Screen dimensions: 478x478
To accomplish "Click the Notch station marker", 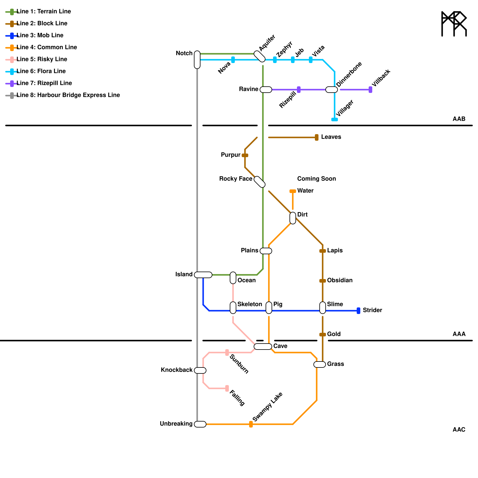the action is (x=197, y=60).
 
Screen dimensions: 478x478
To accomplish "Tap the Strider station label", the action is (x=372, y=310).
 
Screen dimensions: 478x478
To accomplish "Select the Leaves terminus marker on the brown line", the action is (x=317, y=137).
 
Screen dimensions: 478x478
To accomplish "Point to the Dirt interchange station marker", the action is (x=293, y=218).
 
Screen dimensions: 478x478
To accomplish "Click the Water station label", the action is (x=305, y=191).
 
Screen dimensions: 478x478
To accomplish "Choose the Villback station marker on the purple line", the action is (x=370, y=90).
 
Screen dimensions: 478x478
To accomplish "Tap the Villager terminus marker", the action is (x=335, y=119).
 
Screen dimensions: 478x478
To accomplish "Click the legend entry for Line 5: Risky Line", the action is (x=42, y=59).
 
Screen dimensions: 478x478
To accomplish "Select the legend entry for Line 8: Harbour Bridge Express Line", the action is (x=68, y=95).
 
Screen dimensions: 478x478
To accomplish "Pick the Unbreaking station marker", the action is (x=200, y=424).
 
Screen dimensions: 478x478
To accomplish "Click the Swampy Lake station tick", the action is (x=251, y=424).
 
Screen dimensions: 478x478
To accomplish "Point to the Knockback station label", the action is (x=177, y=370).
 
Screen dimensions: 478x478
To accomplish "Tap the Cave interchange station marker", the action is (x=263, y=347).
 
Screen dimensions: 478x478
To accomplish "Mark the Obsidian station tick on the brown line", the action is (x=323, y=281).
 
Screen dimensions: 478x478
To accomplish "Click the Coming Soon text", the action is (x=316, y=179).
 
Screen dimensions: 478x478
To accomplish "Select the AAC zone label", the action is (x=459, y=430).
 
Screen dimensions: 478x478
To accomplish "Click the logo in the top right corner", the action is (x=454, y=24).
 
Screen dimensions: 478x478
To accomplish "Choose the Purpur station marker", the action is (x=245, y=155).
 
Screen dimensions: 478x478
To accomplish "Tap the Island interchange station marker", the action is (x=203, y=275).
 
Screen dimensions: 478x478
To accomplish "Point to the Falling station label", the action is (x=237, y=398).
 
